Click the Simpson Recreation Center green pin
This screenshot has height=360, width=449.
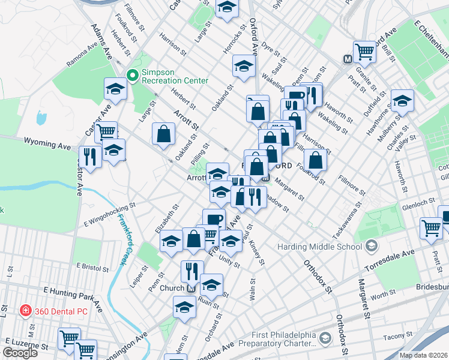pos(132,76)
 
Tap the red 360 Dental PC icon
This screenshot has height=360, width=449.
pos(25,310)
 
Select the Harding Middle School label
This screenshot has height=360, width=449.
pos(320,247)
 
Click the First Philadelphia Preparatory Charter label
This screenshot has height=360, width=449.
pos(276,339)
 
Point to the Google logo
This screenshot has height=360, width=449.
pos(20,353)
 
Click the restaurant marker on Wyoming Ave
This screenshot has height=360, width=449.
pos(90,157)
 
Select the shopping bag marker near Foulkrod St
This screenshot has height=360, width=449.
pos(315,160)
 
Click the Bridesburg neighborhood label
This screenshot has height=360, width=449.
pos(432,287)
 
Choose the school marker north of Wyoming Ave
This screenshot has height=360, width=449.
pos(115,89)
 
